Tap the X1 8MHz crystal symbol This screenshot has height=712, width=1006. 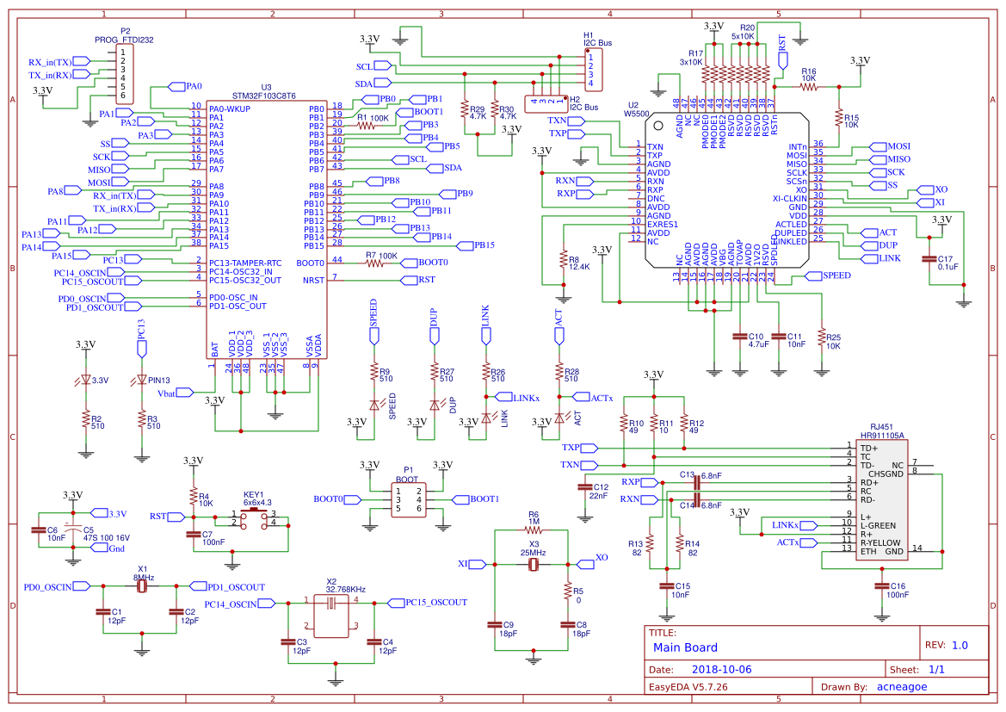(x=143, y=585)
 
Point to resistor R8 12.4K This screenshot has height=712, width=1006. (x=563, y=259)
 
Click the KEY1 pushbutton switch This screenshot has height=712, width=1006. (x=254, y=519)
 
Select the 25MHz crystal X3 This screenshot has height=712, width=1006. (x=534, y=565)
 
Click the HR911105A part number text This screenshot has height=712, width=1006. (x=881, y=436)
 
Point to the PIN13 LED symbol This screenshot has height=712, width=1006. (x=142, y=380)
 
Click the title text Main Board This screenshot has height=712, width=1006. (x=685, y=647)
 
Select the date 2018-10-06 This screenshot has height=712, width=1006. (x=721, y=669)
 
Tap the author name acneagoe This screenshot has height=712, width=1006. (x=901, y=687)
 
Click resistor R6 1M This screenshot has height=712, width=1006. (x=534, y=530)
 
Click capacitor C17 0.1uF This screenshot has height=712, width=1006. (x=929, y=258)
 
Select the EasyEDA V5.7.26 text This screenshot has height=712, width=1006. (x=688, y=687)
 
